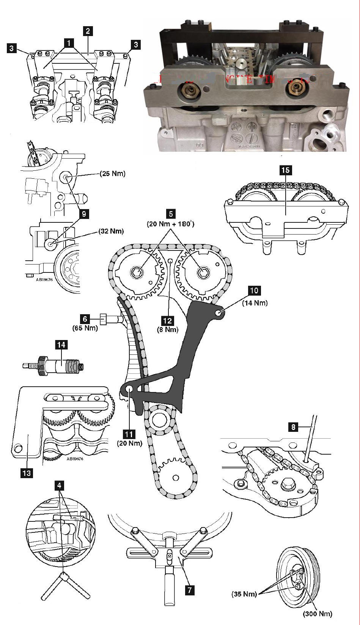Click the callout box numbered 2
[x=88, y=31]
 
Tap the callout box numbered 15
[x=285, y=170]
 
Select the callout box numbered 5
[x=171, y=214]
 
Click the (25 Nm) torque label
[x=112, y=174]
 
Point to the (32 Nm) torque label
[x=111, y=231]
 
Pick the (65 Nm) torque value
[x=85, y=328]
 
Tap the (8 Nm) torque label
[x=167, y=330]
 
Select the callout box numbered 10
[x=254, y=291]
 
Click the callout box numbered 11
[x=129, y=434]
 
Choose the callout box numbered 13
[x=27, y=473]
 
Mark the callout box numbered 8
[x=293, y=427]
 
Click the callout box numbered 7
[x=189, y=590]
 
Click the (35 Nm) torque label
[x=244, y=594]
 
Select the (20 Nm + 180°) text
[x=171, y=224]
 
